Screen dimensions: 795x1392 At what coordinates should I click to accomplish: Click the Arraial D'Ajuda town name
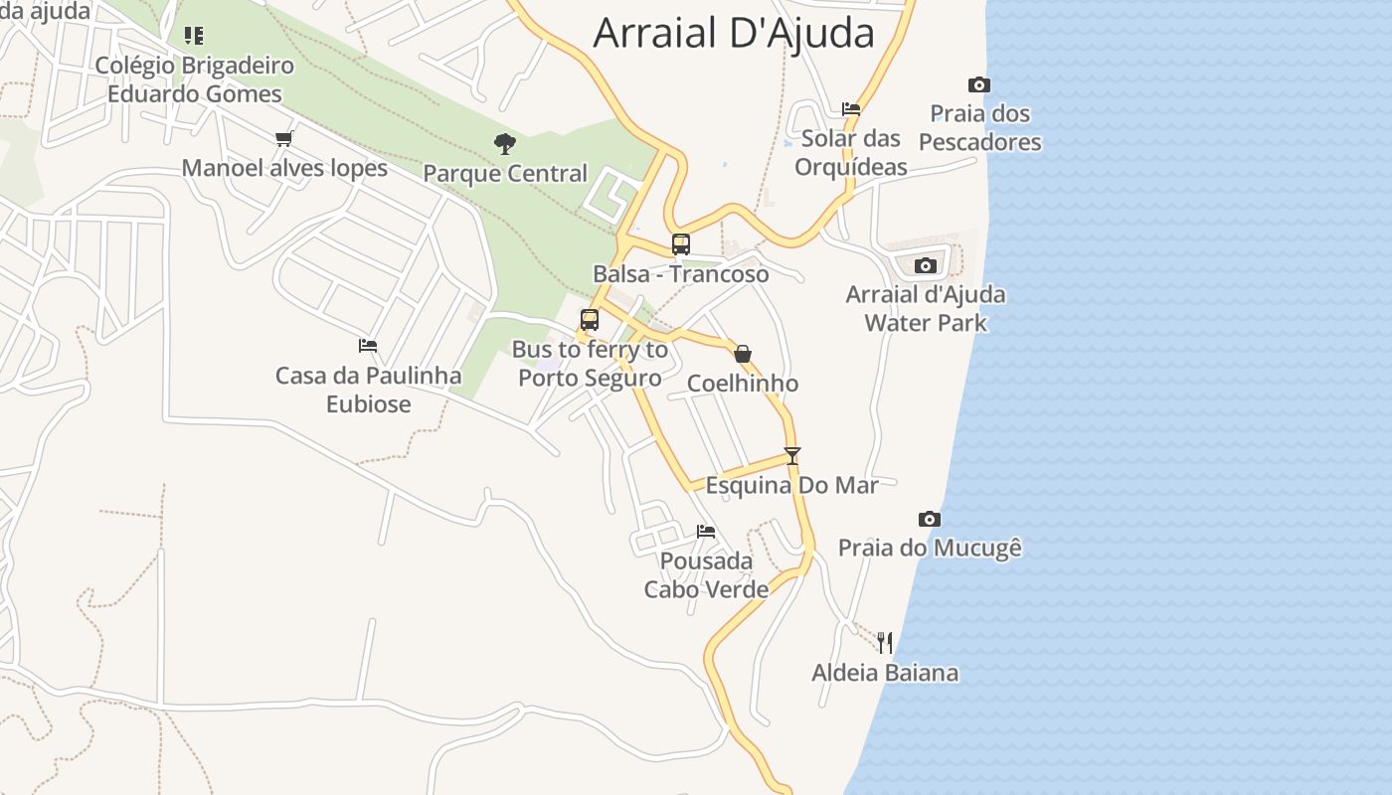(733, 33)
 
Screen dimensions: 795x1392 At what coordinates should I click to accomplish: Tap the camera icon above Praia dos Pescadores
(979, 85)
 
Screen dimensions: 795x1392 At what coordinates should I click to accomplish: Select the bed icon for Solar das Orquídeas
(851, 109)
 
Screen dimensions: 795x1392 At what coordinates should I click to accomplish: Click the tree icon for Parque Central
(505, 144)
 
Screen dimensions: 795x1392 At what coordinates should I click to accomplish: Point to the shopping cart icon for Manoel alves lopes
(284, 138)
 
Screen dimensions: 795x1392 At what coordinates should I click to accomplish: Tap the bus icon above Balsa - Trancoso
(681, 243)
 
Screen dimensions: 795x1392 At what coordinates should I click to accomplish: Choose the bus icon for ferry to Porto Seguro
(590, 320)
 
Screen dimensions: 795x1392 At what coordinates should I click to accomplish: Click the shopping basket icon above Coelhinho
(742, 354)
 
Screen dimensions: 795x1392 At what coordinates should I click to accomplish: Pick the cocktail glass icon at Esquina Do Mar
(792, 456)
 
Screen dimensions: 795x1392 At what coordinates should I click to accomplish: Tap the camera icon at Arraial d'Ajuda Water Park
(926, 265)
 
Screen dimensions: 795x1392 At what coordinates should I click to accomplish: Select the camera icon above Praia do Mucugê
(930, 519)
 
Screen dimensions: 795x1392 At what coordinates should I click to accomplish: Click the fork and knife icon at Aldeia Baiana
(885, 643)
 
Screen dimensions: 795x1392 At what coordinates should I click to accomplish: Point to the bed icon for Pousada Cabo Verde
(706, 532)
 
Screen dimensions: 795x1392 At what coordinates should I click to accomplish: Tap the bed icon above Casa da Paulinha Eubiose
(368, 346)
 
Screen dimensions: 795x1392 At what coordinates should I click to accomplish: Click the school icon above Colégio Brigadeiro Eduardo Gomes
(194, 36)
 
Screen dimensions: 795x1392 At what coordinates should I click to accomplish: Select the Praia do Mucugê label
(930, 548)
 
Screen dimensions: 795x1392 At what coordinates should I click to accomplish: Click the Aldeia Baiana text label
(885, 673)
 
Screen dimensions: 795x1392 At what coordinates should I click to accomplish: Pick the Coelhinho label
(743, 384)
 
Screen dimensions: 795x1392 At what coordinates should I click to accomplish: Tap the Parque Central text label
(505, 174)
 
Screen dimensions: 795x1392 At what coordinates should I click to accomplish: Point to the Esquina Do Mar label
(792, 486)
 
